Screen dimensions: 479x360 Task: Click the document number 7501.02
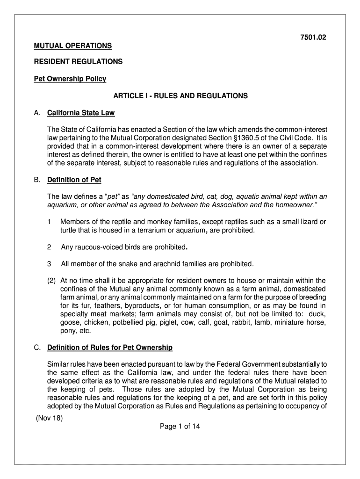312,38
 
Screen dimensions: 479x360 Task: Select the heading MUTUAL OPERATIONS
72,46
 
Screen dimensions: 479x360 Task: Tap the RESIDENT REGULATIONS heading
78,61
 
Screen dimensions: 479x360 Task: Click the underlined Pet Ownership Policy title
70,79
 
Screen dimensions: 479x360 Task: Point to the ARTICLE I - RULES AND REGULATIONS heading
180,96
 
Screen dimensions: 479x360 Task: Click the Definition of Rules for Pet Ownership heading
110,348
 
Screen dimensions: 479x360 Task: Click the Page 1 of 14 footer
180,426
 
